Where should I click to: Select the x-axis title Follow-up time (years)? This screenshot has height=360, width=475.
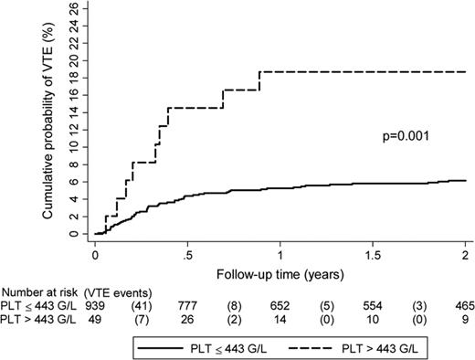pyautogui.click(x=280, y=272)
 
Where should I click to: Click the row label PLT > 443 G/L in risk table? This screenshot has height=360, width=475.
pyautogui.click(x=39, y=316)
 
